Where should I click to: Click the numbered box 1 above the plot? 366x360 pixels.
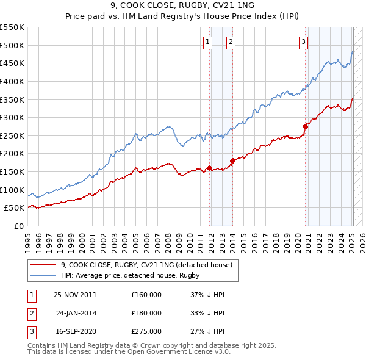(x=209, y=41)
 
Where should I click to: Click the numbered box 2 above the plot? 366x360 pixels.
(x=232, y=41)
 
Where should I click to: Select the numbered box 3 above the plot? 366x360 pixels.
(x=303, y=41)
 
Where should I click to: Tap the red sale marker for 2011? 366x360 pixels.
(x=209, y=168)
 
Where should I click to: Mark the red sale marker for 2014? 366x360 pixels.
(x=232, y=161)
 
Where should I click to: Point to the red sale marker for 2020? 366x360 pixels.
(x=304, y=126)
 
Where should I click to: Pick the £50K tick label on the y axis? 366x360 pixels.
(x=15, y=208)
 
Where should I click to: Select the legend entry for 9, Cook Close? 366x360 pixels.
(x=146, y=265)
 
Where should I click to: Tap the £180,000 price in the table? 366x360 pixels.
(x=146, y=313)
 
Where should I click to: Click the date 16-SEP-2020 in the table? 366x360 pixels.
(x=74, y=331)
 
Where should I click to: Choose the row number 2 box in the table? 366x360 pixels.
(x=31, y=313)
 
